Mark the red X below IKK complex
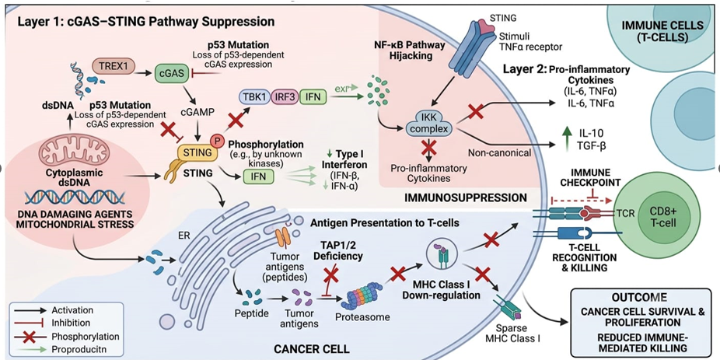428,147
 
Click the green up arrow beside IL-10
568,138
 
